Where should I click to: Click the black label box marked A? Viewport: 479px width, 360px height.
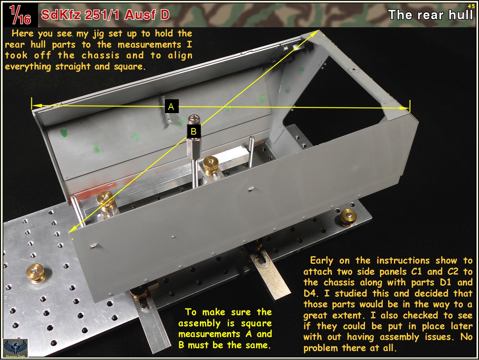pos(171,106)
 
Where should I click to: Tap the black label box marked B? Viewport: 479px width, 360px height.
pos(194,131)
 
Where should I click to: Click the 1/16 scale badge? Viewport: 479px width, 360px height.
pos(20,15)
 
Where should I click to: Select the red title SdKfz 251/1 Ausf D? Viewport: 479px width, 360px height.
pos(105,15)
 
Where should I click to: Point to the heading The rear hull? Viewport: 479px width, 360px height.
pos(430,15)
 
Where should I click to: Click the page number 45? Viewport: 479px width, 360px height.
pos(471,6)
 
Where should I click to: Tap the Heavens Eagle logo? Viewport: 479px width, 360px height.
pos(15,348)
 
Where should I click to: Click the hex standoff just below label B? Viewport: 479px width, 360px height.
pos(193,147)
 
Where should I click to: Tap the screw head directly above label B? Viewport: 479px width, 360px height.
pos(193,119)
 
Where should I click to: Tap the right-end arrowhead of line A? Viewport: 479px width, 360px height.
pos(405,108)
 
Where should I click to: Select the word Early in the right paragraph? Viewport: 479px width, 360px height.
pos(322,261)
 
